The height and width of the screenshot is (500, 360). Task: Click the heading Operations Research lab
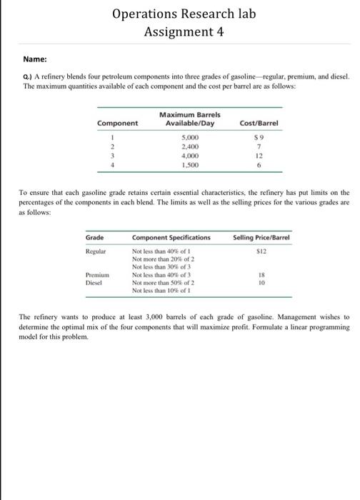179,14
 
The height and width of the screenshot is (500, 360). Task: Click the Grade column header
95,236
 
